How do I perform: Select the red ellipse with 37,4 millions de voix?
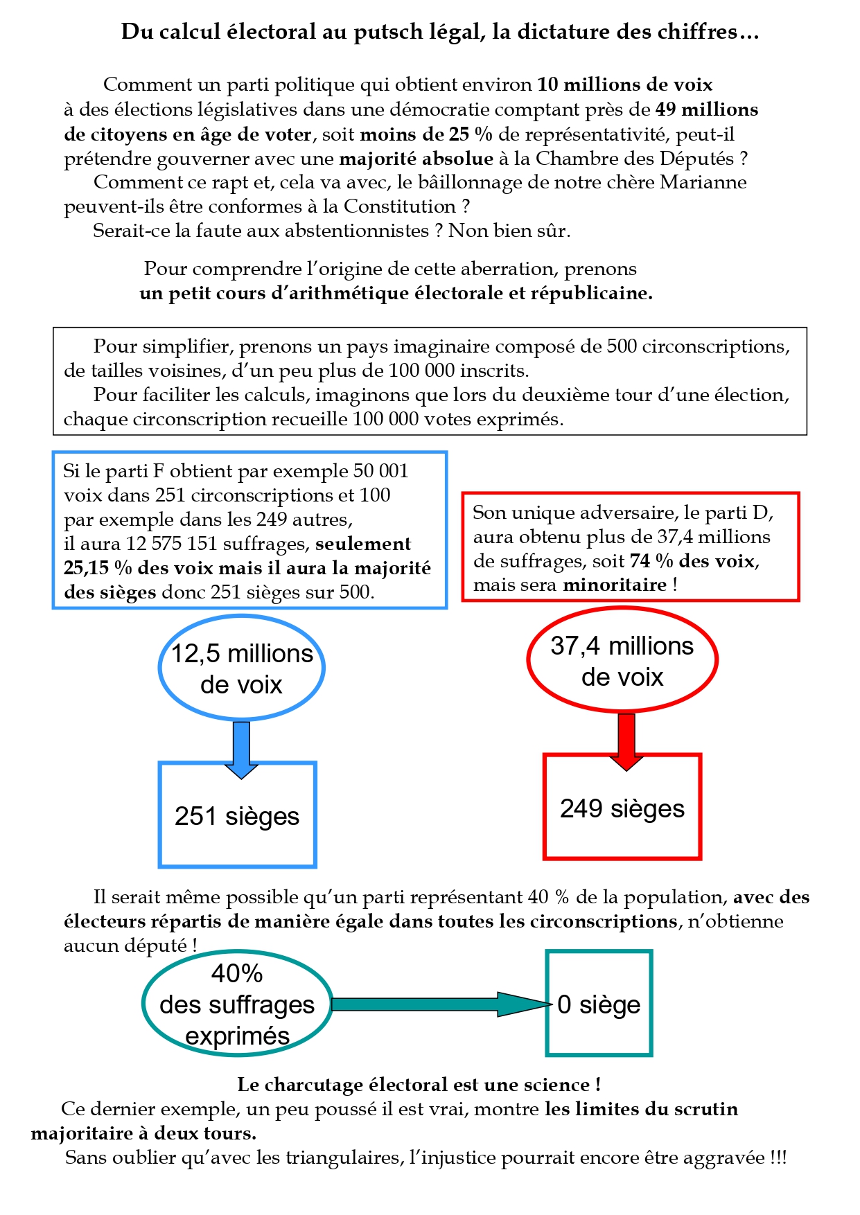tap(622, 660)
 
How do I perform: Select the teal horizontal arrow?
tap(437, 1004)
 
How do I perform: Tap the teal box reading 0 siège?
tap(599, 1004)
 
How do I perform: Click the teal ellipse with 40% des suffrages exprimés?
tap(237, 1004)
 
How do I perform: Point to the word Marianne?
tap(703, 182)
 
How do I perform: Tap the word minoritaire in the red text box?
tap(614, 585)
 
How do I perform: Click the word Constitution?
tap(399, 206)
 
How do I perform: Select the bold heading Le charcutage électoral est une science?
tap(419, 1085)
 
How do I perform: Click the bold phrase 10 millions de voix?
tap(624, 85)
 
